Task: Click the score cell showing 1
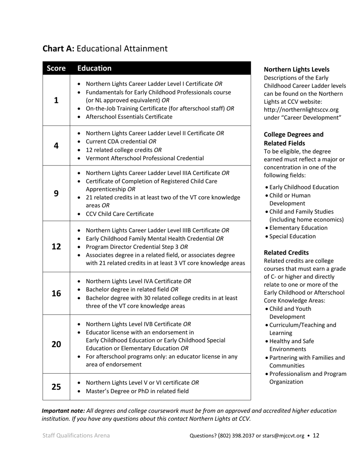[x=56, y=100]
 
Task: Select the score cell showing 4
[x=56, y=146]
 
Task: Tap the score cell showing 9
[x=56, y=193]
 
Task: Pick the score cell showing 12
[x=56, y=246]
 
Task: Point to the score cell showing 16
[x=56, y=293]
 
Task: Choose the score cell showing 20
[x=56, y=344]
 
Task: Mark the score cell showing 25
[x=56, y=387]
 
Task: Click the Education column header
[x=95, y=68]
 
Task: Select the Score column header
[x=56, y=68]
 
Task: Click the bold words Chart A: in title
[x=58, y=49]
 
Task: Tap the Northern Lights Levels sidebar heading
[x=296, y=69]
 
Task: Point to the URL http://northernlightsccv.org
[x=301, y=109]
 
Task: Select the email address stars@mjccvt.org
[x=283, y=435]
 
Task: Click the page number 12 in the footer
[x=316, y=435]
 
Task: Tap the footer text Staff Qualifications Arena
[x=76, y=435]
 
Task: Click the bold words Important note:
[x=63, y=411]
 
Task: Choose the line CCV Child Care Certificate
[x=120, y=214]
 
